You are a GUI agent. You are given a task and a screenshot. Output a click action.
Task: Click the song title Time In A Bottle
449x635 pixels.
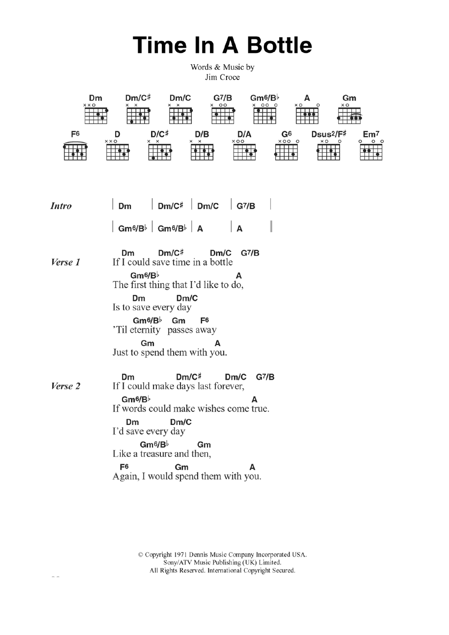tap(222, 45)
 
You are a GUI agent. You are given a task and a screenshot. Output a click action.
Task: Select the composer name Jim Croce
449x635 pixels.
tap(222, 77)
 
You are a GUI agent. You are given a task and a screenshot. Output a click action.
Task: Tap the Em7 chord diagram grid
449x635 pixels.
tap(371, 152)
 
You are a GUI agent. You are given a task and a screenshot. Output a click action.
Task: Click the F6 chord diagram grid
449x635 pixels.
tap(75, 152)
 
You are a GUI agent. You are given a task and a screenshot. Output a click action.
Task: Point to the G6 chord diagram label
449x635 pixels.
tap(286, 134)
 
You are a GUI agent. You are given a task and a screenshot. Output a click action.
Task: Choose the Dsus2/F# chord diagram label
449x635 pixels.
tap(328, 134)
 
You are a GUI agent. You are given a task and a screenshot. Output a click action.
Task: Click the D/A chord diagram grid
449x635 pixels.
tap(244, 152)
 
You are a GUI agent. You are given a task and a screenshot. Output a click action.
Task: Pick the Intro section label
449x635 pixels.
tap(61, 206)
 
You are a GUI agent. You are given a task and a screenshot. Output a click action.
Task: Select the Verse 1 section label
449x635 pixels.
tap(66, 262)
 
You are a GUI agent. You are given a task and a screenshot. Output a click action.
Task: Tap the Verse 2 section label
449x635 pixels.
tap(66, 386)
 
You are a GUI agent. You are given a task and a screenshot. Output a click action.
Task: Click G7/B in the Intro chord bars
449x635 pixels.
tap(246, 206)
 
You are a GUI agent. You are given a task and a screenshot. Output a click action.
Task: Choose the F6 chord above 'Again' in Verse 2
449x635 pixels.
tap(124, 467)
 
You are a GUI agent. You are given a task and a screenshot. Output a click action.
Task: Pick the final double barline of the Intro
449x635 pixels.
tap(271, 227)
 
